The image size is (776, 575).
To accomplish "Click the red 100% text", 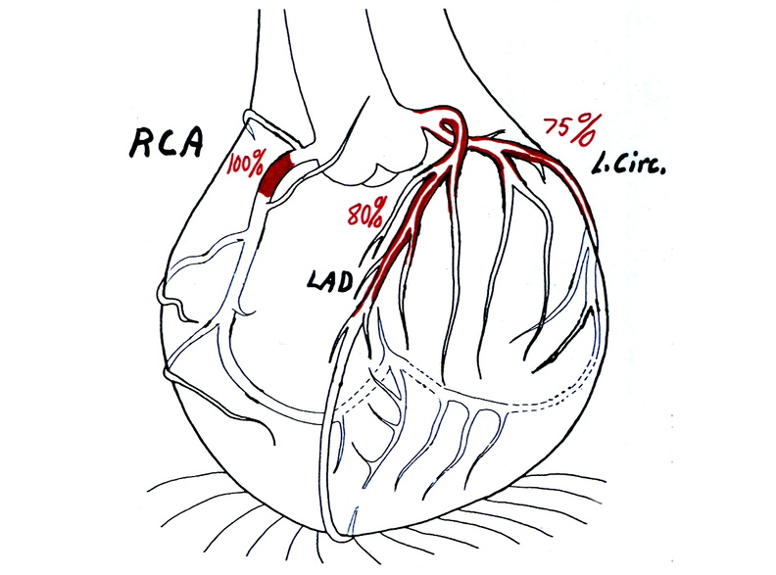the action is [245, 166].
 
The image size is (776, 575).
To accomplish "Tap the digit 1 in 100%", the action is [230, 166].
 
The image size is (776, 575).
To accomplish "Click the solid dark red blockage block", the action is [276, 175].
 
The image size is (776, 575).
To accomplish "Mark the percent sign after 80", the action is [378, 209].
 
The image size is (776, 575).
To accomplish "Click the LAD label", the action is [330, 281].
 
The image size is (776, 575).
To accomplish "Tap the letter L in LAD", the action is [314, 281].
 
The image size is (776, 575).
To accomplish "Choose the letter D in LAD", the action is [346, 282].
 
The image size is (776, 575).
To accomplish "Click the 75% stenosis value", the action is [567, 128].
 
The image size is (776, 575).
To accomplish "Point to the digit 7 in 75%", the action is [552, 126].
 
